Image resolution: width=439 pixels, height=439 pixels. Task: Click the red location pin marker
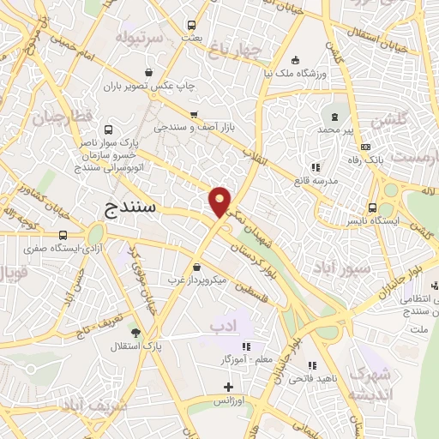tap(220, 201)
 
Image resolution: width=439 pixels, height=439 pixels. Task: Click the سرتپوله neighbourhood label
tap(128, 39)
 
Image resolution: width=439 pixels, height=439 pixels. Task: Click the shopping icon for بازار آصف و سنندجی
tap(194, 114)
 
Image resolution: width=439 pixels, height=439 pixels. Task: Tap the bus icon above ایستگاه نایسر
tap(372, 207)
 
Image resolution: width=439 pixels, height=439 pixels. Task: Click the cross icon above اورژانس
tap(227, 387)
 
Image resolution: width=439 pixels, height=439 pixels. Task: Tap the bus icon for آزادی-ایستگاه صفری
tap(63, 234)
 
